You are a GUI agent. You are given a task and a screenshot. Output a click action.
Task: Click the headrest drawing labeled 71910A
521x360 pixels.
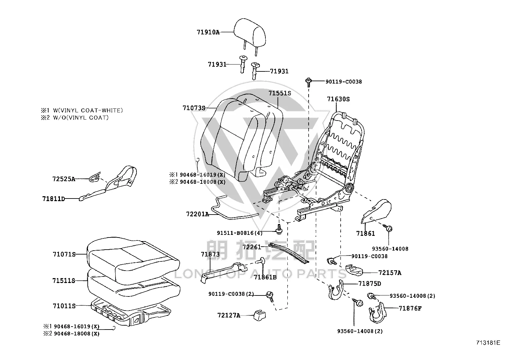250,35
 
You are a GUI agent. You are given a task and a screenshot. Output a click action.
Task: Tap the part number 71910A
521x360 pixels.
208,32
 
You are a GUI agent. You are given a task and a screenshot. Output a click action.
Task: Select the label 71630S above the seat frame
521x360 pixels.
338,99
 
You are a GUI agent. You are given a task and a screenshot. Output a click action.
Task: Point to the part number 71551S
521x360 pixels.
280,93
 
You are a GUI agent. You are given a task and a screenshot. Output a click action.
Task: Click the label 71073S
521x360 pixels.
194,108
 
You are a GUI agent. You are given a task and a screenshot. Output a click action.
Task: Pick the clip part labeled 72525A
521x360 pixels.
95,178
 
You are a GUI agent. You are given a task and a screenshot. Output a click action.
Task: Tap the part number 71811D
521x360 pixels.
53,199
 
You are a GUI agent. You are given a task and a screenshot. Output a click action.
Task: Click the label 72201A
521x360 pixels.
198,214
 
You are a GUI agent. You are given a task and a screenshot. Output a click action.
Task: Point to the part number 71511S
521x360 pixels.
64,281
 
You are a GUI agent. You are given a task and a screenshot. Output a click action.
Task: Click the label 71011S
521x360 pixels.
64,306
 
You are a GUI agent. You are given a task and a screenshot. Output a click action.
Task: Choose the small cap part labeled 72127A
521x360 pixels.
259,315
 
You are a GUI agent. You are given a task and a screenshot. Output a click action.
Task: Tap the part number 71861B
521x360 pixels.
265,277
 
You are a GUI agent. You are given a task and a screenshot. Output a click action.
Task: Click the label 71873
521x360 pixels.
210,254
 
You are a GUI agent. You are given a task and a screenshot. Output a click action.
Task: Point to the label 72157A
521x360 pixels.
390,273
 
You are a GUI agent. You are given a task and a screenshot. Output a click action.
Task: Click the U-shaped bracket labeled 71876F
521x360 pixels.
377,313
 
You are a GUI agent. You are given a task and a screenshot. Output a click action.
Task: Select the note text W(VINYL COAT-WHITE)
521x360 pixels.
88,110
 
